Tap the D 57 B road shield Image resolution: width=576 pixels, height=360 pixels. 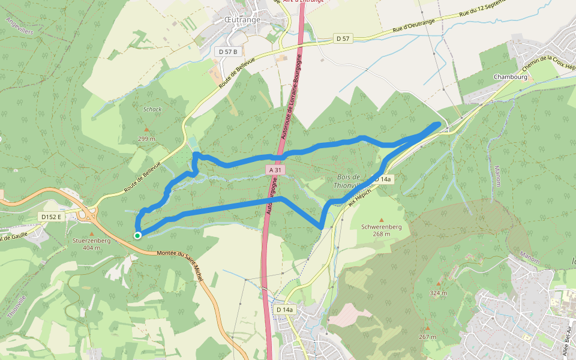pos(228,52)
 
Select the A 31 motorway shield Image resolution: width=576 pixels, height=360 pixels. pos(275,170)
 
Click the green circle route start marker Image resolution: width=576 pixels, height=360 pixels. pos(137,236)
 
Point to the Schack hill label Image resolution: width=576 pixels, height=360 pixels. pos(152,109)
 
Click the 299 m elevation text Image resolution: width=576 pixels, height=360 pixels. pos(146,139)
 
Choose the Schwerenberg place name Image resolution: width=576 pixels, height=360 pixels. pos(381,227)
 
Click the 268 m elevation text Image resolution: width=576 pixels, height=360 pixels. pos(381,234)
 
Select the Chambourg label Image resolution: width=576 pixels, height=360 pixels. pos(510,77)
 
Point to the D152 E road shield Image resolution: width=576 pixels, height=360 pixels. pos(51,216)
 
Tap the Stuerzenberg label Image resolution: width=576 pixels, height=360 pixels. pos(91,241)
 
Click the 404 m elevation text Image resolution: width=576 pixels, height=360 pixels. pos(91,248)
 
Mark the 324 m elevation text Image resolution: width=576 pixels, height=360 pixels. pos(438,293)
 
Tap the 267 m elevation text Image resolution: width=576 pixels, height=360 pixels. pos(427,337)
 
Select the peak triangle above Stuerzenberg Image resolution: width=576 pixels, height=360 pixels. pos(91,233)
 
